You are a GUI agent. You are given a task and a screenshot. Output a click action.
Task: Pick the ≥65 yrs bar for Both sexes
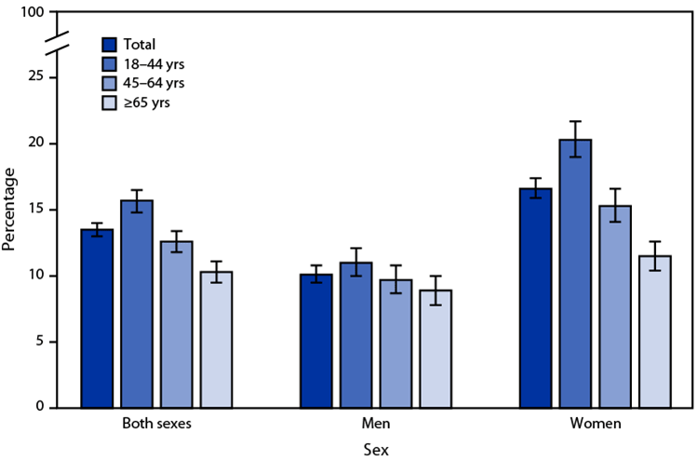tap(216, 340)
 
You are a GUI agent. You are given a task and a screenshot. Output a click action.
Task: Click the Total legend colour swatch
tap(109, 44)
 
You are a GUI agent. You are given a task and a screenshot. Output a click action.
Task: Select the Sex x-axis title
tap(376, 448)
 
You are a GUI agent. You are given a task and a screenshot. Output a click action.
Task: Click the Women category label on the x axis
tap(596, 424)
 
